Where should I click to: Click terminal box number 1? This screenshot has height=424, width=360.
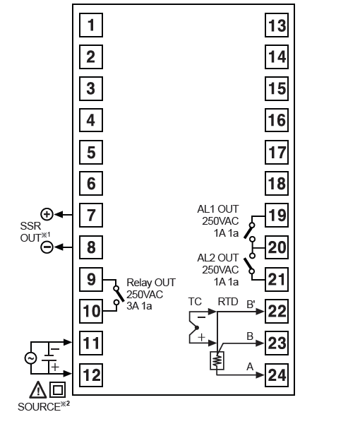pyautogui.click(x=91, y=25)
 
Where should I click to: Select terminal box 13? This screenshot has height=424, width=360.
pyautogui.click(x=277, y=25)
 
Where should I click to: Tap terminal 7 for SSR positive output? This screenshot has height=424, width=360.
pyautogui.click(x=91, y=216)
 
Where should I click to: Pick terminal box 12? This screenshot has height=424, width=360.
pyautogui.click(x=91, y=375)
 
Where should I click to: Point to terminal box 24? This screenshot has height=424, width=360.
pyautogui.click(x=277, y=375)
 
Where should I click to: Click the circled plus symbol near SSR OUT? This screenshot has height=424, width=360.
pyautogui.click(x=47, y=214)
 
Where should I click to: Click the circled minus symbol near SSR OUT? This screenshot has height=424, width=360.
pyautogui.click(x=47, y=247)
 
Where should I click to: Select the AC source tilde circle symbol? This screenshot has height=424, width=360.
pyautogui.click(x=30, y=358)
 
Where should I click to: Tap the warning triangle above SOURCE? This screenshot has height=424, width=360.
pyautogui.click(x=38, y=389)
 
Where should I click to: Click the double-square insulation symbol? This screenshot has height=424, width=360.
pyautogui.click(x=57, y=389)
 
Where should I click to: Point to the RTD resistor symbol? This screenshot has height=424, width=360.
pyautogui.click(x=217, y=360)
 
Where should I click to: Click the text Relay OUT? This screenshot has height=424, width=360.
pyautogui.click(x=151, y=283)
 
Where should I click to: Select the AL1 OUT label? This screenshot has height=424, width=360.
pyautogui.click(x=218, y=209)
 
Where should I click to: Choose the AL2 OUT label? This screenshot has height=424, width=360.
pyautogui.click(x=218, y=258)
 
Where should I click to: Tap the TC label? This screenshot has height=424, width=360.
pyautogui.click(x=195, y=302)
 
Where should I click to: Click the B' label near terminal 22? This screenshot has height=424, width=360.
pyautogui.click(x=251, y=304)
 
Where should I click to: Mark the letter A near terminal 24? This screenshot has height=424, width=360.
pyautogui.click(x=250, y=367)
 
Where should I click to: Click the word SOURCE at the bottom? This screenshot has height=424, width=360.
pyautogui.click(x=39, y=407)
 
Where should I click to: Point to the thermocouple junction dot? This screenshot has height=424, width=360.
pyautogui.click(x=197, y=328)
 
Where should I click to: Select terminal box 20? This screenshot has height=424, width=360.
pyautogui.click(x=277, y=247)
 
